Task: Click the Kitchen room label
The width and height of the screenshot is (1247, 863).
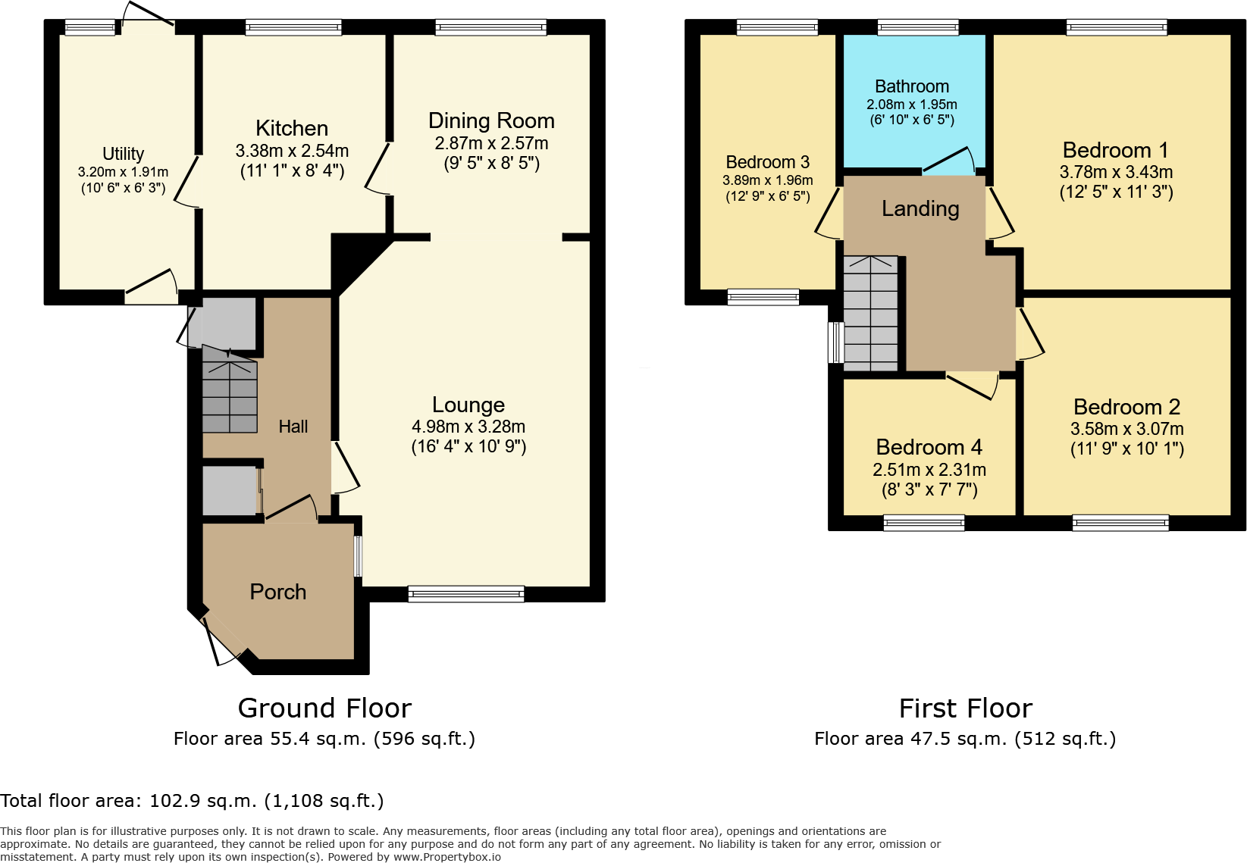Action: tap(292, 128)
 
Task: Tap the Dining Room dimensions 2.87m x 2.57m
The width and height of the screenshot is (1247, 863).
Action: tap(491, 143)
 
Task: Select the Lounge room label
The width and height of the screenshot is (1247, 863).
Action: tap(468, 405)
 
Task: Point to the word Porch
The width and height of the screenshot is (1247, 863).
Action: tap(278, 592)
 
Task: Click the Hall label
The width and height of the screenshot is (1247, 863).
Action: tap(293, 427)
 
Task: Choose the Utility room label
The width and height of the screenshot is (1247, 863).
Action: tap(123, 154)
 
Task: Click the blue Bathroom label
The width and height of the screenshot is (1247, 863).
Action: tap(911, 86)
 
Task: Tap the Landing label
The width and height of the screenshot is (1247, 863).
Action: tap(920, 208)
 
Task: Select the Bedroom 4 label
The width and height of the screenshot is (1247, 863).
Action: tap(929, 447)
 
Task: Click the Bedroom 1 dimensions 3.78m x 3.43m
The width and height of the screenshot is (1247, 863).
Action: tap(1116, 172)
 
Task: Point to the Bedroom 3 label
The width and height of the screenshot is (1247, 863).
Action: tap(767, 162)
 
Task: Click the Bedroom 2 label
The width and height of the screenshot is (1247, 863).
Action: tap(1126, 407)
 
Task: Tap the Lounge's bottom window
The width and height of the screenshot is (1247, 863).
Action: tap(465, 594)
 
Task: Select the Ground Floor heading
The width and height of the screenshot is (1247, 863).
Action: tap(324, 708)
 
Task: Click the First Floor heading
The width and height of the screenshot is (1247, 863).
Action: tap(965, 708)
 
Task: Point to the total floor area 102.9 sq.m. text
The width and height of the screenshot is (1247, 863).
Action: tap(192, 801)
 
